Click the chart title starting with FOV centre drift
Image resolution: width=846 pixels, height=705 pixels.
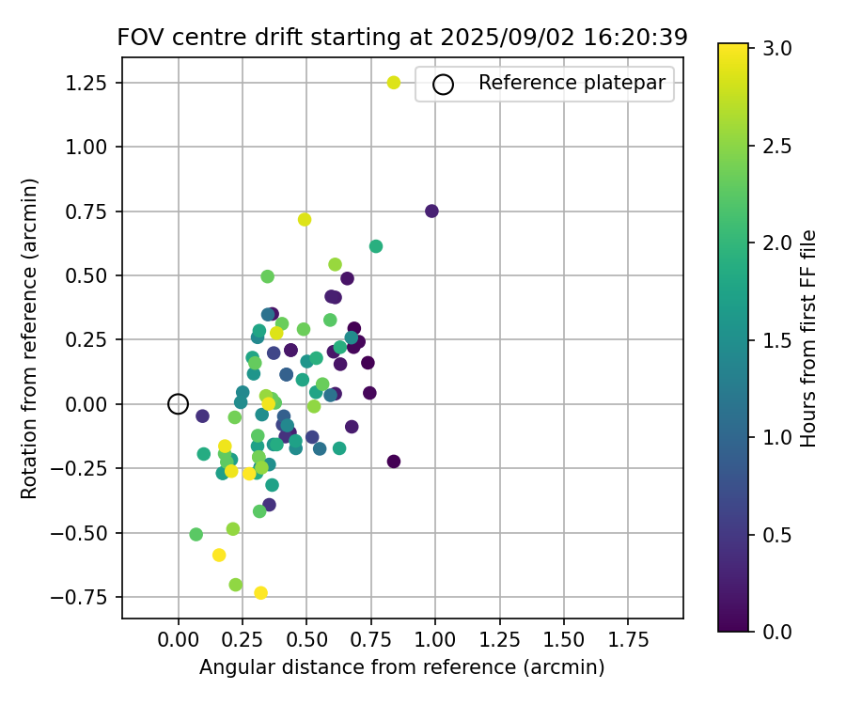402,38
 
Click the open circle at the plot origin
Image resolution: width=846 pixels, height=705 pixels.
179,404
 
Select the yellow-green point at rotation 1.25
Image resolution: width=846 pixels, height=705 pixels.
394,83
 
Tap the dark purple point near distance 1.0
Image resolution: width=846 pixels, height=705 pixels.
431,211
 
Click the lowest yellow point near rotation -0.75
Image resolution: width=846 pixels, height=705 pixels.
261,593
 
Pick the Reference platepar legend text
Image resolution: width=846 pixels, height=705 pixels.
572,83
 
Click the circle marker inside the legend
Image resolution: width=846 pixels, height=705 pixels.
443,85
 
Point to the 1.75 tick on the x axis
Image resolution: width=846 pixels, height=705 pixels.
628,640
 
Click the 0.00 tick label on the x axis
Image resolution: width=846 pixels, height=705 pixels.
179,640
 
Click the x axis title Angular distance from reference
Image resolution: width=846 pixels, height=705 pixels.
401,667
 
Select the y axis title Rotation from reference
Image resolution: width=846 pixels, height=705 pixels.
29,338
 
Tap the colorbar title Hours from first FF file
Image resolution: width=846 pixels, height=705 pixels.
809,338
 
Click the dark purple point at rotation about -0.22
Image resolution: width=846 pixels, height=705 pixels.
394,462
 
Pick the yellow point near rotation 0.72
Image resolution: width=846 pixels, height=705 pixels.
305,220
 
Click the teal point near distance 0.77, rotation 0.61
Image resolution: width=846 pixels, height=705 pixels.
376,246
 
